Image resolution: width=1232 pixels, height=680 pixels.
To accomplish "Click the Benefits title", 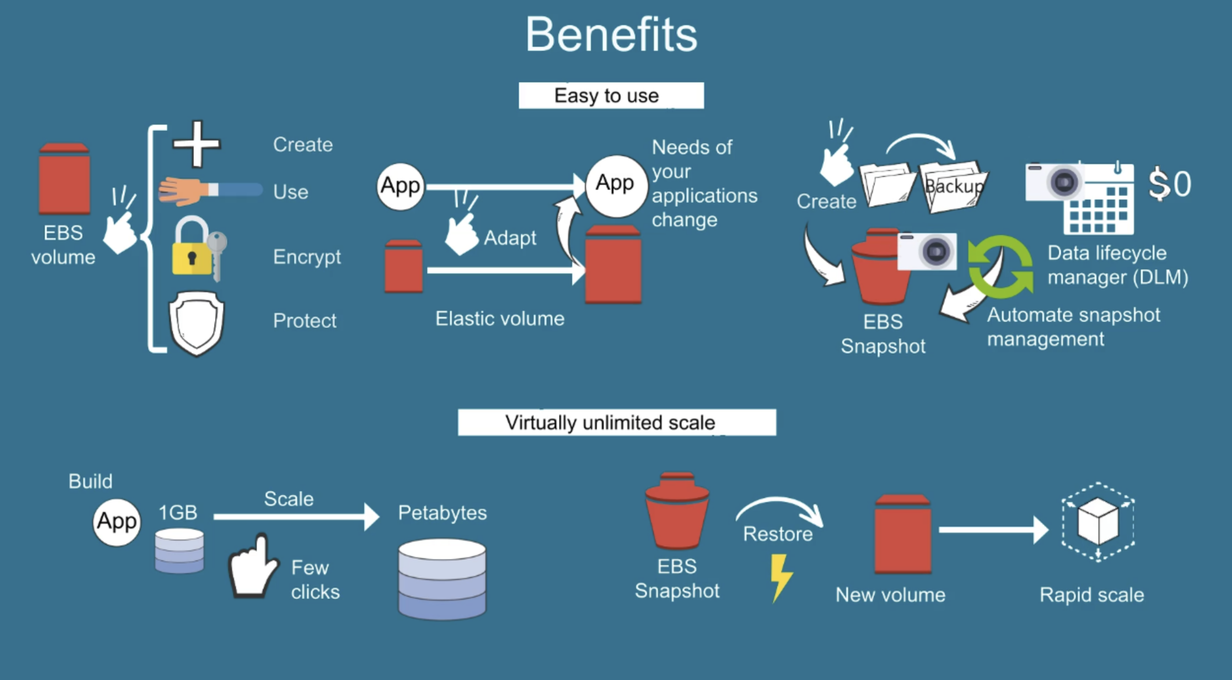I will [611, 34].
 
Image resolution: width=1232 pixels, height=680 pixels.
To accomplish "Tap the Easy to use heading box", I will [611, 96].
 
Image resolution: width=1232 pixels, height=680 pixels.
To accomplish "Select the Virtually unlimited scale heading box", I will [616, 422].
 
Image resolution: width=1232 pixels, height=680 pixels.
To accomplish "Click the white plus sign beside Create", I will [197, 144].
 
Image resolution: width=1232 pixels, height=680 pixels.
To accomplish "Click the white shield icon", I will [197, 323].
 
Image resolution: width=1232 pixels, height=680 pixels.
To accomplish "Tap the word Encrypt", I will [307, 257].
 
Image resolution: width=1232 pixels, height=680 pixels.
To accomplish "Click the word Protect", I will [305, 321].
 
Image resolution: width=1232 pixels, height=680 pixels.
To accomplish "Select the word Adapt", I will [510, 238].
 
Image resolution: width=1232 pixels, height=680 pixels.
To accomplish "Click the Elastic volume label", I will [500, 319].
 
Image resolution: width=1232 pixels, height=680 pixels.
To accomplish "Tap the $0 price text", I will [1169, 184].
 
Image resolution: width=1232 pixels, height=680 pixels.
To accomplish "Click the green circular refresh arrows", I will [1000, 267].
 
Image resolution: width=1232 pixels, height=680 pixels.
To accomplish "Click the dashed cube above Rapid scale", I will [1098, 521].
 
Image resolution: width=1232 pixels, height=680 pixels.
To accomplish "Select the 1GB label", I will [177, 512].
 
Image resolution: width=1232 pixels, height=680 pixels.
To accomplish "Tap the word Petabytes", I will [442, 513].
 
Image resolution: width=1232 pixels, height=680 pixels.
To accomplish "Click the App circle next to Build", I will [117, 522].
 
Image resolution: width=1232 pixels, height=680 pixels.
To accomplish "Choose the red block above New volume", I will [903, 534].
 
